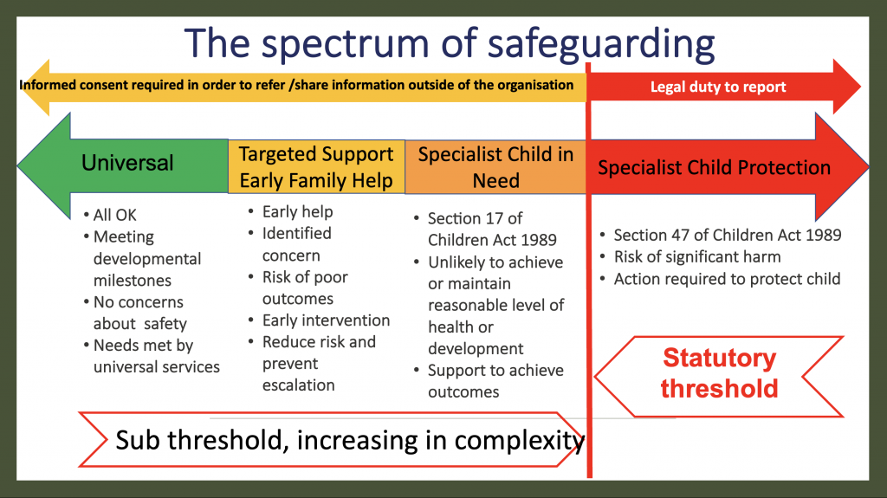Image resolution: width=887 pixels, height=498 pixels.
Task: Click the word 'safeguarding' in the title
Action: pyautogui.click(x=601, y=44)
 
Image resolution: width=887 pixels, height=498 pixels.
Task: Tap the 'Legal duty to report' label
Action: pyautogui.click(x=718, y=87)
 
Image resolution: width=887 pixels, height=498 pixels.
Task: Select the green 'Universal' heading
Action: pyautogui.click(x=127, y=163)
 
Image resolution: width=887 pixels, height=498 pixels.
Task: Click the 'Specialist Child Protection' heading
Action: pyautogui.click(x=714, y=167)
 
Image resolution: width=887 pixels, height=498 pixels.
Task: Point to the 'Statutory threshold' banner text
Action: pyautogui.click(x=719, y=373)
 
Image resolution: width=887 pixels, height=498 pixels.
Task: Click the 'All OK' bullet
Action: pyautogui.click(x=115, y=215)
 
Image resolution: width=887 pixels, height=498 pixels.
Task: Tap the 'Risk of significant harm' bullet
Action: pyautogui.click(x=697, y=257)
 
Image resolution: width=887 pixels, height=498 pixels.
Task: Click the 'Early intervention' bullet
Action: pyautogui.click(x=326, y=320)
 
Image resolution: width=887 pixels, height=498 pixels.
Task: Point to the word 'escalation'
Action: pyautogui.click(x=298, y=385)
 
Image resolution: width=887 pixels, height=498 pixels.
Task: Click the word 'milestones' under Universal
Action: pyautogui.click(x=132, y=280)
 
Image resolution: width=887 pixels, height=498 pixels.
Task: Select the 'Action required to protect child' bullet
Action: pyautogui.click(x=727, y=279)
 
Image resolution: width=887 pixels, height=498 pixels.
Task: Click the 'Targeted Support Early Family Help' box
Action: pyautogui.click(x=316, y=167)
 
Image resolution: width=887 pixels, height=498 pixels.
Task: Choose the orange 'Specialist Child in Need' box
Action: pyautogui.click(x=495, y=167)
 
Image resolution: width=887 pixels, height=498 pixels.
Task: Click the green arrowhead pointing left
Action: pyautogui.click(x=44, y=165)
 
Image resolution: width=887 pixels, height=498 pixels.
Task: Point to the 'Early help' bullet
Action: pyautogui.click(x=298, y=211)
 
